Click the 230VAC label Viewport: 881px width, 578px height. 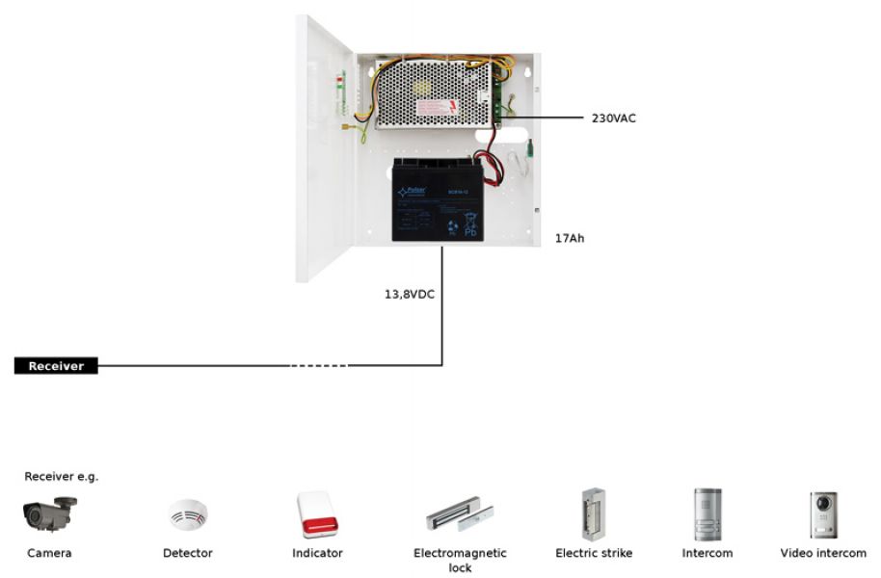coord(613,118)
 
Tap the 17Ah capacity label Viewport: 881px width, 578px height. coord(569,237)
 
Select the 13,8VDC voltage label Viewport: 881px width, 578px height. coord(410,294)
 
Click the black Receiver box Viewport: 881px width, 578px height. coord(56,366)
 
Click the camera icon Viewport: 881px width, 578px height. coord(48,514)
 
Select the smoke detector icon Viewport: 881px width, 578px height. coord(188,515)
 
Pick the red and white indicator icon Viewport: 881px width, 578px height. coord(317,514)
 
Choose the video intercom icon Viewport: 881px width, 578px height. coord(823,514)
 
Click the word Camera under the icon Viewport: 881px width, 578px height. coord(49,553)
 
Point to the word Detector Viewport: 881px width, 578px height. coord(188,553)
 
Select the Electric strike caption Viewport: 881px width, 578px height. coord(594,553)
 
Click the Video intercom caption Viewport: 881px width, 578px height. coord(823,553)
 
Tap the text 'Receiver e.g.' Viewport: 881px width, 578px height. coord(62,476)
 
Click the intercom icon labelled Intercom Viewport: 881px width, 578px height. coord(707,514)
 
